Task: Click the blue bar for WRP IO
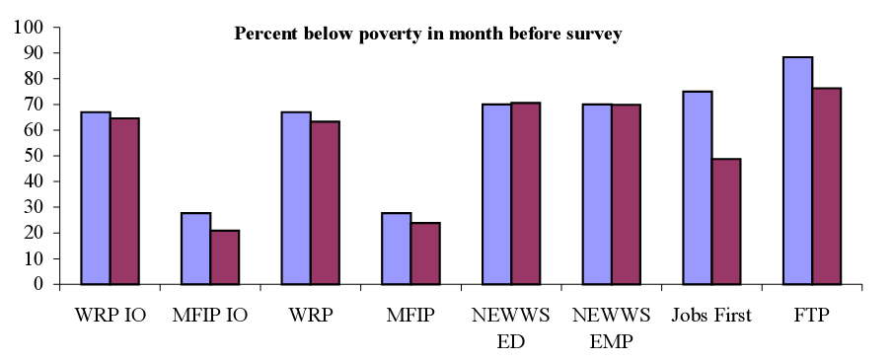click(x=96, y=198)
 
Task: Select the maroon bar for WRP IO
click(x=124, y=201)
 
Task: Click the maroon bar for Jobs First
click(x=725, y=221)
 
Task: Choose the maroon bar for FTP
click(x=826, y=186)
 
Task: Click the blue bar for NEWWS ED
click(x=496, y=194)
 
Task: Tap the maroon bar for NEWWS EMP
click(x=626, y=194)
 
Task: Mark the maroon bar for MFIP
click(x=425, y=253)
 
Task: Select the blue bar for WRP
click(x=296, y=198)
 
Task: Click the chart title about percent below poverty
click(x=427, y=35)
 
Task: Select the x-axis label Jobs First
click(x=711, y=316)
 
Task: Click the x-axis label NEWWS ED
click(x=511, y=328)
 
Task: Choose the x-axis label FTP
click(x=812, y=316)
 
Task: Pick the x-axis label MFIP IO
click(x=210, y=316)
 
